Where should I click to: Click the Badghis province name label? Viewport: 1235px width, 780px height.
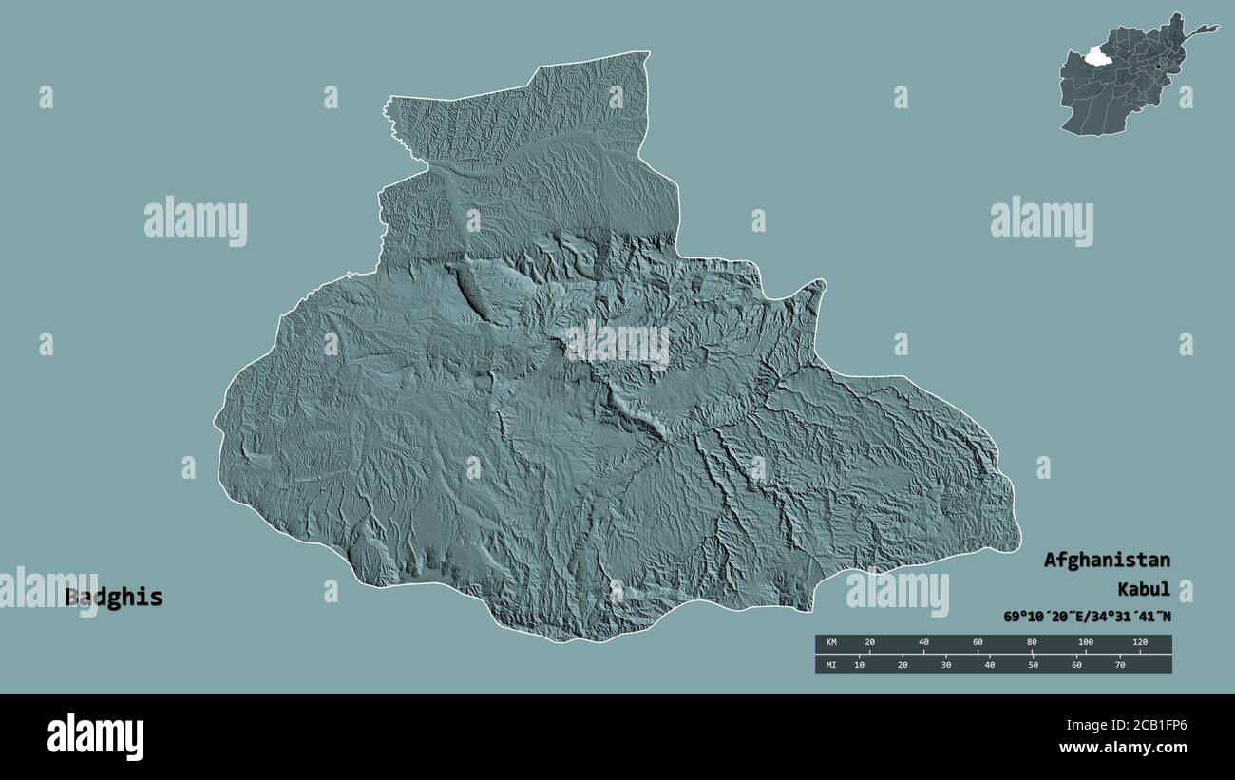(x=113, y=598)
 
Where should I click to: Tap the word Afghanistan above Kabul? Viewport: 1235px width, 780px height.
(x=1107, y=560)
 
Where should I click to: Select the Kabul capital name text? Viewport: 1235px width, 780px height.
(x=1144, y=589)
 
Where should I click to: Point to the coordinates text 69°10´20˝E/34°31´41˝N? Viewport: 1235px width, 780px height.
(x=1087, y=617)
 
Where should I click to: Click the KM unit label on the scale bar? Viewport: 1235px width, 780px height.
(x=831, y=643)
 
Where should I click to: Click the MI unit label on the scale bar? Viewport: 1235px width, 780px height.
(x=831, y=664)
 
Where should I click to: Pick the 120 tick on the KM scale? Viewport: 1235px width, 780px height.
(x=1140, y=643)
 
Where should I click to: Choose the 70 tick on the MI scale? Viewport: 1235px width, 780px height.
(x=1119, y=664)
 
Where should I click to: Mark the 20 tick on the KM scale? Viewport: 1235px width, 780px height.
(x=869, y=643)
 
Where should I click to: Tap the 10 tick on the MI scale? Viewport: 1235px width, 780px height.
(x=860, y=664)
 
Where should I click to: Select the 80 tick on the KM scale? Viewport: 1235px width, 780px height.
(x=1032, y=643)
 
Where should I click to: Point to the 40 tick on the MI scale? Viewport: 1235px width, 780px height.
(x=990, y=664)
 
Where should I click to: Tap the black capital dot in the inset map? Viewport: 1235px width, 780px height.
(x=1159, y=66)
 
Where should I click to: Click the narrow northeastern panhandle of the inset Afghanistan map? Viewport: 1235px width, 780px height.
(x=1203, y=29)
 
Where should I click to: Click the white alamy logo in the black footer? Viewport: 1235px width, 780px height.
(x=95, y=736)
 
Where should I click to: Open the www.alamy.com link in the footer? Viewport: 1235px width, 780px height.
(x=1129, y=749)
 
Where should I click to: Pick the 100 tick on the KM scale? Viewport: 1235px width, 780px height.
(x=1086, y=643)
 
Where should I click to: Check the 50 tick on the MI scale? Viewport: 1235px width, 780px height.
(x=1033, y=664)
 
